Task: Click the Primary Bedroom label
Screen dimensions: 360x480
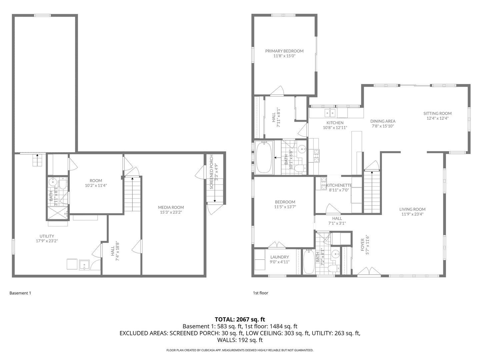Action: pos(284,51)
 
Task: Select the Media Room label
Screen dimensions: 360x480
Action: pos(171,207)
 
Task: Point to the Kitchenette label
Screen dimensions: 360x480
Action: pos(339,185)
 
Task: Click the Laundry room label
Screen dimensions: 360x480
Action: pos(279,257)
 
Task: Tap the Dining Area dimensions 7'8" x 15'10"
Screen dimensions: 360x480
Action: pos(383,126)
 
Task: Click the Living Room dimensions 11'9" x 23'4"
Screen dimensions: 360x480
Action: pos(412,214)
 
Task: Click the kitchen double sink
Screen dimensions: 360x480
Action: pos(330,113)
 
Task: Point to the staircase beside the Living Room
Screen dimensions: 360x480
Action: pos(371,191)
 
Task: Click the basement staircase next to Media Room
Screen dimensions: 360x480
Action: pos(133,194)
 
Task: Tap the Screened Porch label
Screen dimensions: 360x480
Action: pos(211,177)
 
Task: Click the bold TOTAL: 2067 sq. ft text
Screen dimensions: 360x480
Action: pos(240,319)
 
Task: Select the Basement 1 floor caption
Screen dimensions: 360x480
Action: pos(20,293)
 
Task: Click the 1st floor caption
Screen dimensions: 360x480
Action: pos(260,293)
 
